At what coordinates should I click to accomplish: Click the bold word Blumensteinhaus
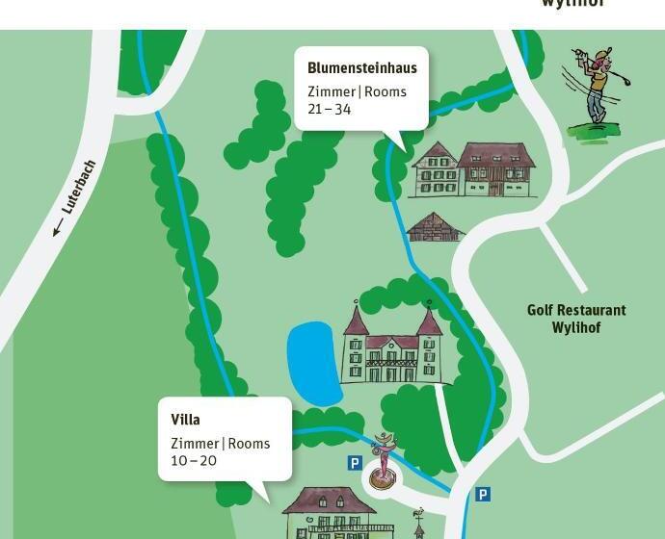click(361, 68)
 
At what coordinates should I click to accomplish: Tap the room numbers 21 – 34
click(330, 110)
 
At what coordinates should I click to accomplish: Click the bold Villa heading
click(185, 420)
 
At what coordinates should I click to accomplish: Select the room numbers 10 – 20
click(194, 461)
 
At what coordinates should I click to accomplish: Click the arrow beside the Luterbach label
click(57, 227)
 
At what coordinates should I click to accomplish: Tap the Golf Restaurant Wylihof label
click(576, 319)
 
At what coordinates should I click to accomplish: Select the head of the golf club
click(577, 53)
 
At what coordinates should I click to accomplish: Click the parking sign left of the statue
click(355, 463)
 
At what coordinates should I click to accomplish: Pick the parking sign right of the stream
click(483, 494)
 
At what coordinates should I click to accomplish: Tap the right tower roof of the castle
click(429, 321)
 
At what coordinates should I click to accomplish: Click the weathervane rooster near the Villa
click(418, 514)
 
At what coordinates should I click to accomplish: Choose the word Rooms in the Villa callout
click(249, 444)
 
